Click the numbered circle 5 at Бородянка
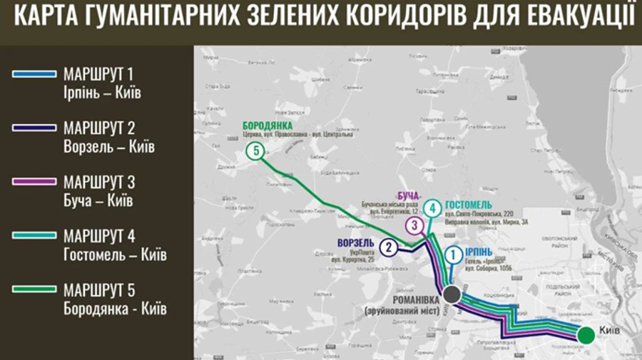[x=255, y=151]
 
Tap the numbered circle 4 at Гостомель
[x=431, y=209]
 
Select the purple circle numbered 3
[x=414, y=226]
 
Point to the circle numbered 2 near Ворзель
[x=388, y=247]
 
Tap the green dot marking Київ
[x=586, y=335]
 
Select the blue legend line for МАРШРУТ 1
[x=34, y=73]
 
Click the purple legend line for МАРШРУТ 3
[x=34, y=182]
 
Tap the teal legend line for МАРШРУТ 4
[x=34, y=235]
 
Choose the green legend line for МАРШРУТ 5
[x=34, y=289]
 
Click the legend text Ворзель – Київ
[x=108, y=147]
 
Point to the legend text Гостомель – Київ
[x=114, y=254]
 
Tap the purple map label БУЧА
[x=409, y=195]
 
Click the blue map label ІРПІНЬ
[x=478, y=252]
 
